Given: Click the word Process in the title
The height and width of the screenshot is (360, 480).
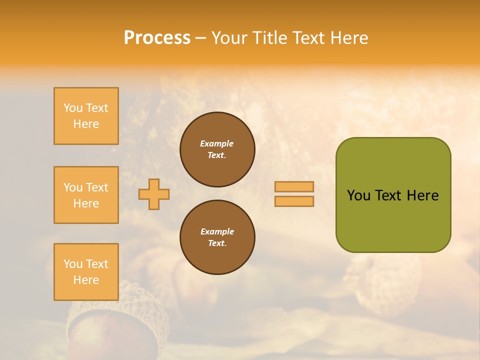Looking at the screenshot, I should pos(157,38).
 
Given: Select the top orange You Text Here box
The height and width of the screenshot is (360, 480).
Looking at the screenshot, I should pos(86,116).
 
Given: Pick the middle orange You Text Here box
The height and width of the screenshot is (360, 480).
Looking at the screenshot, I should pos(86,195).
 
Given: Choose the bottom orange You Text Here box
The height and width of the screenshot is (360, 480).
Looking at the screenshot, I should pos(86,272).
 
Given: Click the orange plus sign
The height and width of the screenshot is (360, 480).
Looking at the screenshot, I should pos(154,194).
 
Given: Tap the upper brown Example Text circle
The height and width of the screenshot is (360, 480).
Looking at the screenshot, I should pos(217,149).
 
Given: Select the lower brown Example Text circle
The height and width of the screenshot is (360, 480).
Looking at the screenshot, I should pos(217,237).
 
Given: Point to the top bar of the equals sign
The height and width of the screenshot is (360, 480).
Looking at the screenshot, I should pos(294,186).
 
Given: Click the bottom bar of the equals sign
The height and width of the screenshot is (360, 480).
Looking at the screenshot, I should pos(294,201).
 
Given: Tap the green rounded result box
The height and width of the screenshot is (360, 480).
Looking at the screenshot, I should pos(393,220).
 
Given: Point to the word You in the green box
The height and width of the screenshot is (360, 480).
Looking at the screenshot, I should pos(358,195).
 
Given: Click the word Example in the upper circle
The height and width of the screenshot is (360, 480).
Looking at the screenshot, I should pos(217,143).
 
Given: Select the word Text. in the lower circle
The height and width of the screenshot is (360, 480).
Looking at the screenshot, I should pos(217,243).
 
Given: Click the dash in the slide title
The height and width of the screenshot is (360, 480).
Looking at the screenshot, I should pos(201,38).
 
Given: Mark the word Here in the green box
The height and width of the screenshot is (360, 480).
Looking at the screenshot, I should pos(422,195).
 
